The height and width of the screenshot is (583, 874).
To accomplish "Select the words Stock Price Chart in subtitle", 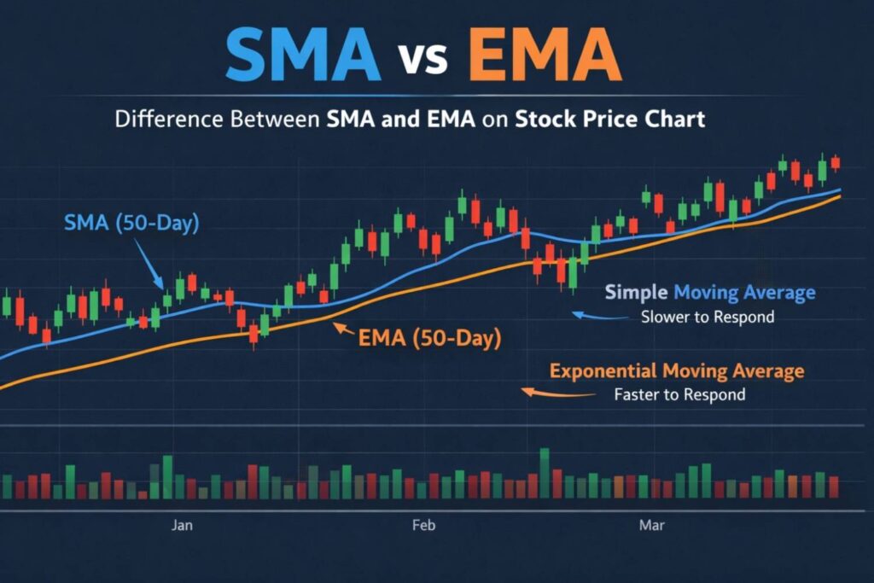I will [x=610, y=119].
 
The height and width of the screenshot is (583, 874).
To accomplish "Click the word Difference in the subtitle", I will [x=164, y=119].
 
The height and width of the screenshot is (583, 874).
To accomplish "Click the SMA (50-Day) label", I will [x=131, y=224].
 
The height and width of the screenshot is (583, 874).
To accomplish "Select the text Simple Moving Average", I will [x=709, y=293].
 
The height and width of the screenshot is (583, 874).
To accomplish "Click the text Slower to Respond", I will [x=708, y=318].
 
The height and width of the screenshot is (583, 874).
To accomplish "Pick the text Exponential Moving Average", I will [x=677, y=371].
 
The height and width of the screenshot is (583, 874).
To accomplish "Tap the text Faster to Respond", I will [x=679, y=394].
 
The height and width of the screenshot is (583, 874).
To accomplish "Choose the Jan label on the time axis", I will [x=182, y=525].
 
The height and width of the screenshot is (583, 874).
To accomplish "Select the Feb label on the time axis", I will [x=423, y=525].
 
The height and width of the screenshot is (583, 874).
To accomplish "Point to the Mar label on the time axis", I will [x=652, y=525].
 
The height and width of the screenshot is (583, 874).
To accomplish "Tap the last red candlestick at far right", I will [x=835, y=162].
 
